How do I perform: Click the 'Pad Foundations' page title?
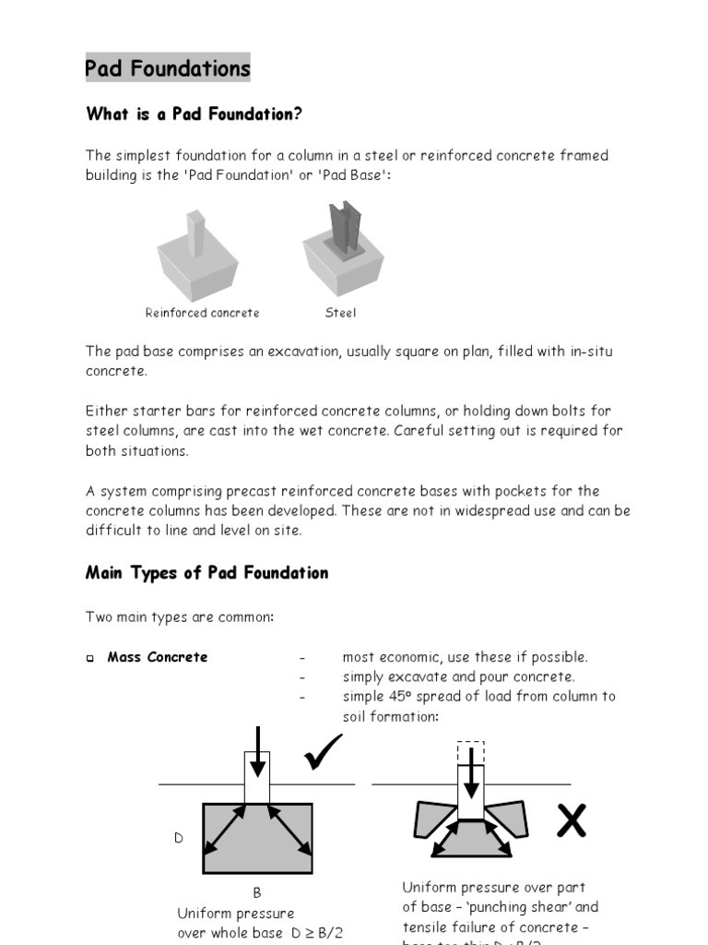coord(167,68)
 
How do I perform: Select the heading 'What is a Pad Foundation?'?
coord(194,114)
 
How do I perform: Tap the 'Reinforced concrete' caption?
coord(202,313)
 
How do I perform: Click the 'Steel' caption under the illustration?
coord(340,313)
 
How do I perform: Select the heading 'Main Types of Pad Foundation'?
coord(206,573)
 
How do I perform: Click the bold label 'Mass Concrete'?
coord(158,657)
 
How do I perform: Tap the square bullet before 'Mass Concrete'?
coord(90,659)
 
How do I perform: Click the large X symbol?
coord(572,819)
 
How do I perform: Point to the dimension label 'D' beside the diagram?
coord(179,838)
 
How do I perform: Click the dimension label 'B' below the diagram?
coord(257,892)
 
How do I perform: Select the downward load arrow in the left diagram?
coord(257,752)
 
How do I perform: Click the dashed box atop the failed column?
coord(470,752)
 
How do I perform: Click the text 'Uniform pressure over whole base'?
coord(236,922)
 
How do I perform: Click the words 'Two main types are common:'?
coord(180,616)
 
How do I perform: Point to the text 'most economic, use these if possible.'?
coord(465,657)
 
